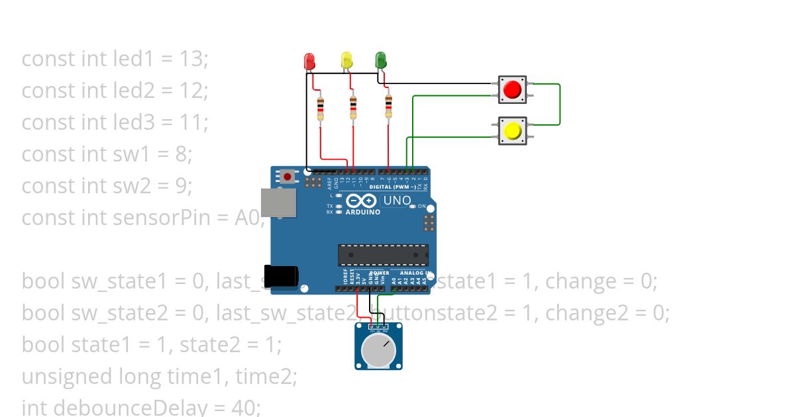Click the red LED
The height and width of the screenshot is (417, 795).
(x=309, y=62)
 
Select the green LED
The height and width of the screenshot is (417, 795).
(x=380, y=61)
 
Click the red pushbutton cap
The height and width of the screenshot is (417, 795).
(x=512, y=89)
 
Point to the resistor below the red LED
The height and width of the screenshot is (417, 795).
(x=321, y=107)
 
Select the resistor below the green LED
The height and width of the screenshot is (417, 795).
(x=388, y=106)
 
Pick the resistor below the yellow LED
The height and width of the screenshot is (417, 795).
(x=354, y=107)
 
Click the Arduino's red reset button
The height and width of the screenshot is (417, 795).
(x=288, y=177)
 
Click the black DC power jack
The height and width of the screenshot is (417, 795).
(x=281, y=276)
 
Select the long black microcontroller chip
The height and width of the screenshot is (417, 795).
(x=383, y=255)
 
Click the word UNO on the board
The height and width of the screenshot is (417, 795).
(x=397, y=200)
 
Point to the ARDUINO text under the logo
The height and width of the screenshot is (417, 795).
(x=363, y=212)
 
